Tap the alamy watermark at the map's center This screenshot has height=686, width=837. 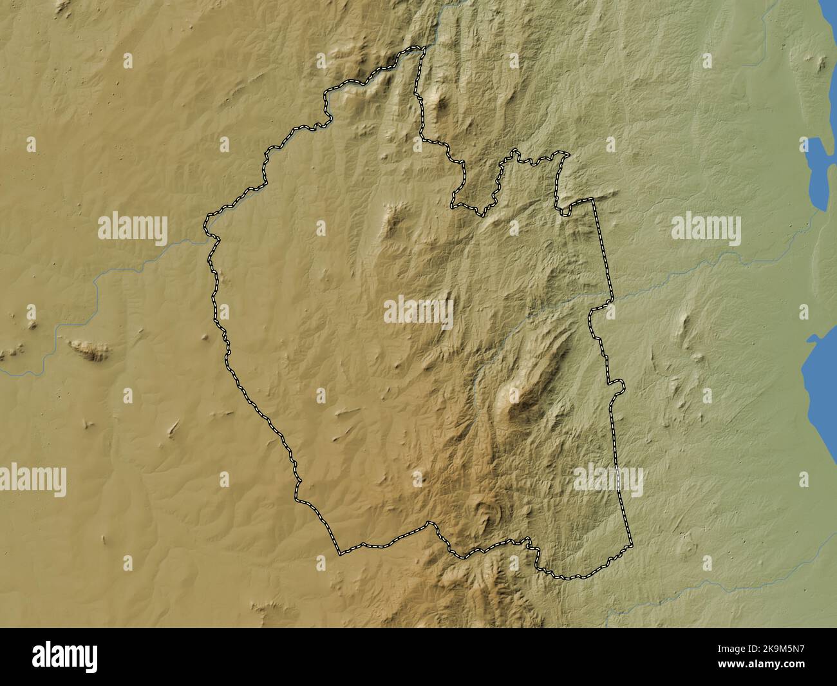(418, 313)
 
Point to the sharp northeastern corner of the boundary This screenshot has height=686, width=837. (593, 201)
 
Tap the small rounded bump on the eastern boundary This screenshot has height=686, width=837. (620, 385)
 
